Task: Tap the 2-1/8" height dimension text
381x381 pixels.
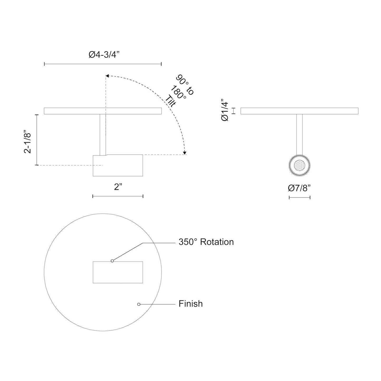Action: coord(28,141)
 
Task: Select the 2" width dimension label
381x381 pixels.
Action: coord(118,187)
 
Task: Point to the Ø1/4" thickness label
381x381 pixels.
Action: coord(225,110)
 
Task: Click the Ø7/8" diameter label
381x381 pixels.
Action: coord(299,188)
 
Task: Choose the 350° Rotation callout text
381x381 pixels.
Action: coord(206,242)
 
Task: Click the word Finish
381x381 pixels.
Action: coord(191,304)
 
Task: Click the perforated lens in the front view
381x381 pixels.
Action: coord(300,166)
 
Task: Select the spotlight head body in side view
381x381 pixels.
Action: coord(118,166)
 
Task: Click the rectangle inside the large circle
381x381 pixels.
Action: coord(118,272)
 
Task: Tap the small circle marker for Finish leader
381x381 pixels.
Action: coord(139,304)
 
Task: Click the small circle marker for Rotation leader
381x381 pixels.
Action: coord(112,261)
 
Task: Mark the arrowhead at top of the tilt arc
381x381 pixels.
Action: coord(107,76)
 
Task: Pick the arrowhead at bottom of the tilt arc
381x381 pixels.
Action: coord(185,153)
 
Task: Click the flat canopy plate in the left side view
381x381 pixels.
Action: coord(103,111)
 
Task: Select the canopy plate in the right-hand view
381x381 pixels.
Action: coord(299,111)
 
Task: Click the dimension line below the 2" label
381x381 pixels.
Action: coord(118,196)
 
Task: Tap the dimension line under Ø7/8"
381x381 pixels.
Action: coord(300,197)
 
